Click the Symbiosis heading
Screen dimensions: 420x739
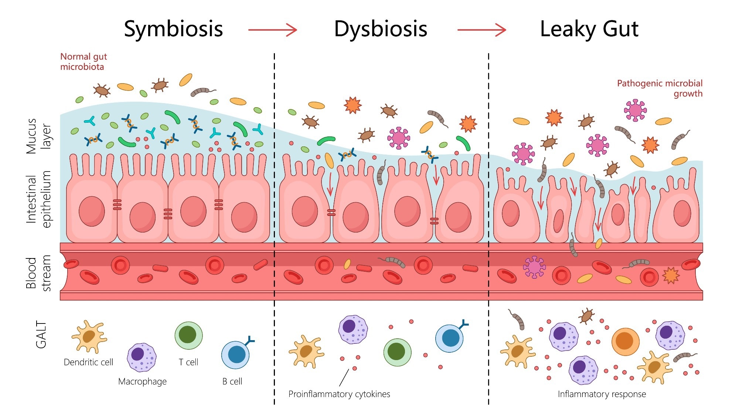[x=173, y=29]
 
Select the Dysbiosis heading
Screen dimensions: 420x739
[x=381, y=29]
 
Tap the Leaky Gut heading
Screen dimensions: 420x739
[x=589, y=29]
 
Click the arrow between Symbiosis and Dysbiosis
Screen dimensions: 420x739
[x=273, y=30]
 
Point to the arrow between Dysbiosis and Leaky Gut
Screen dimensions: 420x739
[x=481, y=30]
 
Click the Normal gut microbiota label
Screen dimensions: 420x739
[x=84, y=62]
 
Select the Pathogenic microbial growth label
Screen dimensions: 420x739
[x=660, y=88]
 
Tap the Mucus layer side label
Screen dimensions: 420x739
[x=38, y=136]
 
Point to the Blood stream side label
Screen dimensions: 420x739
[x=38, y=273]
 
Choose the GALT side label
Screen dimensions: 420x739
[x=41, y=335]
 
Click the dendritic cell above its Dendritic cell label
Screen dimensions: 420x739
[x=89, y=336]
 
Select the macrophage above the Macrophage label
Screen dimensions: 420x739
[x=142, y=357]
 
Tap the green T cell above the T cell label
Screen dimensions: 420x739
[x=188, y=335]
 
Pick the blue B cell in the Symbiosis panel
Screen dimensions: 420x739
[x=236, y=355]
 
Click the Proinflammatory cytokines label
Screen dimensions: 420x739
[x=339, y=394]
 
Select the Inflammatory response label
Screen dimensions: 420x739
[x=602, y=394]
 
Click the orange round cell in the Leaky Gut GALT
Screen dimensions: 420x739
[x=625, y=342]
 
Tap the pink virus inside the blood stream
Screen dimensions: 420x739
[x=534, y=267]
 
